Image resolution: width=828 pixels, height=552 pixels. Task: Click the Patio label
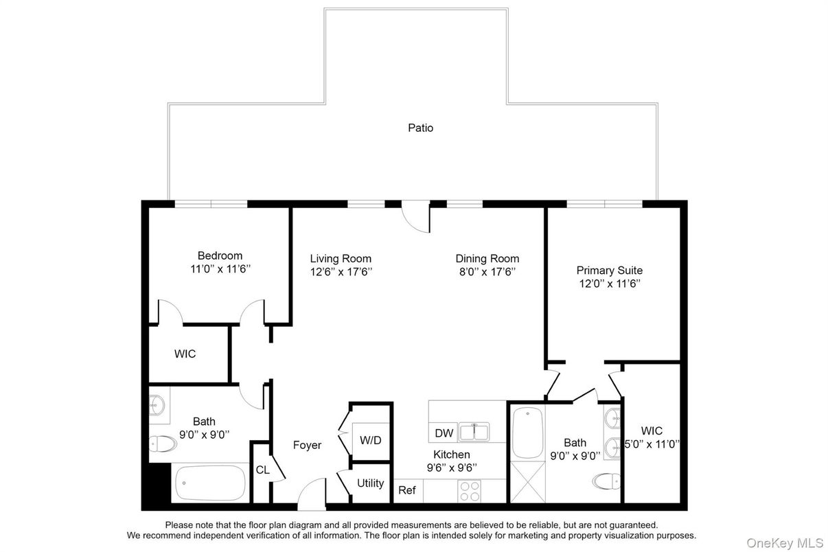tap(420, 128)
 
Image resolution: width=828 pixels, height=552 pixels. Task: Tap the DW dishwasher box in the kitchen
tap(444, 433)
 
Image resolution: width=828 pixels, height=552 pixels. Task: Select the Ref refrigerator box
tap(407, 490)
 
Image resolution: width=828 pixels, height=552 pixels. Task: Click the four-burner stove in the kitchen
tap(470, 491)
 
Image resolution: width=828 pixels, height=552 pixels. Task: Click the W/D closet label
tap(371, 440)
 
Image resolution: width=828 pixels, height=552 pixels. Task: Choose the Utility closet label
tap(370, 483)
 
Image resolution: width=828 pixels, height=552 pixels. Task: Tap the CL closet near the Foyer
tap(262, 470)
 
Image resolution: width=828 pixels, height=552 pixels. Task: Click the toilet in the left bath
tap(162, 444)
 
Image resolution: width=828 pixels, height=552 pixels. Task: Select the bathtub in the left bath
tap(210, 483)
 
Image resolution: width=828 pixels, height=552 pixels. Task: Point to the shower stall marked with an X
tap(527, 485)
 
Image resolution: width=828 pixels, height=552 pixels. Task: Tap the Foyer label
tap(307, 445)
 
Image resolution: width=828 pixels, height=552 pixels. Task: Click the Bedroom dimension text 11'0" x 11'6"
tap(220, 269)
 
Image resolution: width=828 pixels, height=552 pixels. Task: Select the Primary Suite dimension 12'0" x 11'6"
tap(609, 283)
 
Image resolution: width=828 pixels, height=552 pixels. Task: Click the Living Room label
tap(341, 259)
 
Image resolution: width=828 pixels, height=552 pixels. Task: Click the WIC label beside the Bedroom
tap(185, 354)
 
